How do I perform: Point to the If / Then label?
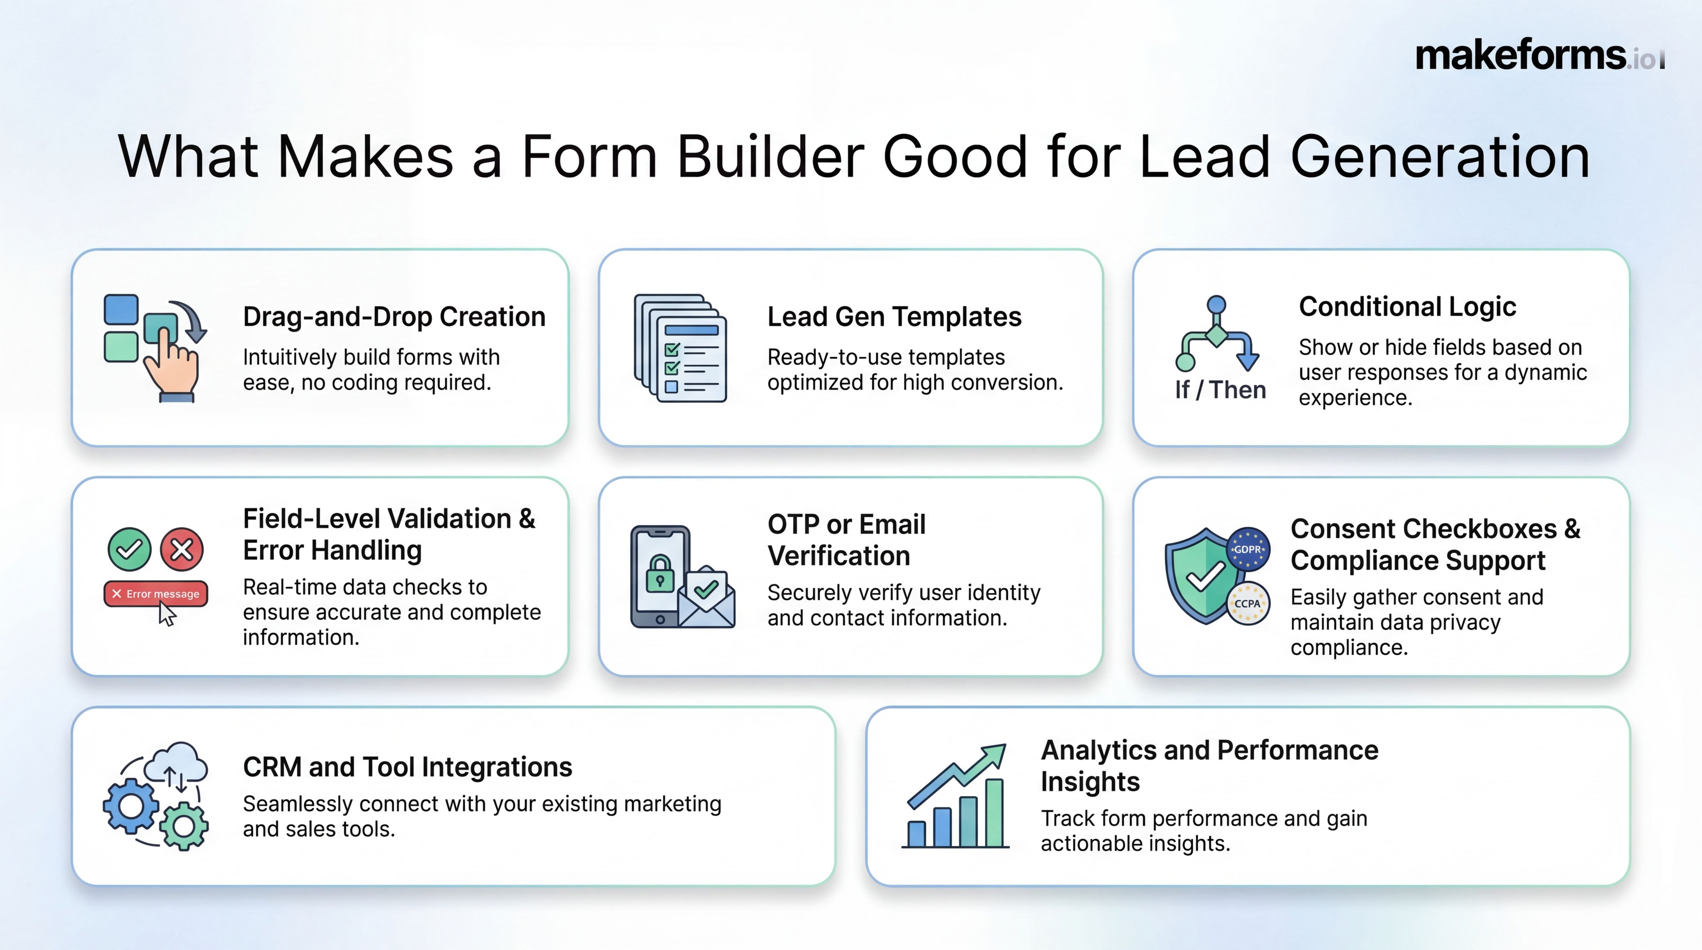tap(1220, 390)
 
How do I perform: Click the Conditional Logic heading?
tap(1407, 306)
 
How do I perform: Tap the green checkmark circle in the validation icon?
tap(130, 549)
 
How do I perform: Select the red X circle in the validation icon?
tap(182, 549)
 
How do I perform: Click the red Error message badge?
tap(156, 594)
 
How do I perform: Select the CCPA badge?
tap(1247, 603)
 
